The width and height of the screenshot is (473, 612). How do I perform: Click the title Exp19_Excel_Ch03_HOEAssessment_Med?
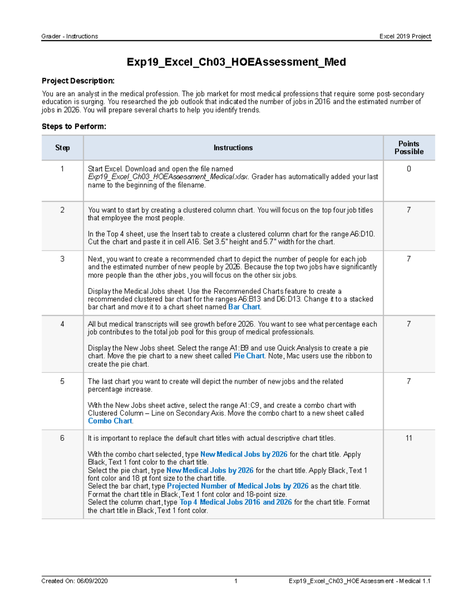236,62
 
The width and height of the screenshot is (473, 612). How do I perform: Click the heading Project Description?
78,81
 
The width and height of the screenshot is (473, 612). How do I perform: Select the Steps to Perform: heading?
74,126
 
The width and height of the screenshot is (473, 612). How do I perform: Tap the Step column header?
62,148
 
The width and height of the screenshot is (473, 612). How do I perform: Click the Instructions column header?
233,148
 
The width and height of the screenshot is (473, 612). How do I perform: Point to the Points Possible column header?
409,148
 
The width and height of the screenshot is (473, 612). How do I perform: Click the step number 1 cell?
62,169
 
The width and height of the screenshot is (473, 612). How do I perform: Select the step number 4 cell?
62,324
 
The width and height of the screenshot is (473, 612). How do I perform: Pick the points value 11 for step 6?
409,438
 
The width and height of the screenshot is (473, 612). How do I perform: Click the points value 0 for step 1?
409,169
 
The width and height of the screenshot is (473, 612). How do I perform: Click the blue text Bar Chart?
244,307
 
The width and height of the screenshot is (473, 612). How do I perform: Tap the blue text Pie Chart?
249,356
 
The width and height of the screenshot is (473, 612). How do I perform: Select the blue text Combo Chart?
110,421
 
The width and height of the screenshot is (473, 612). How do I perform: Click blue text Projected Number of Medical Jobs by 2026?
238,486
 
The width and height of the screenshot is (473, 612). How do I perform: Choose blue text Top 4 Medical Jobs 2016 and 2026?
236,502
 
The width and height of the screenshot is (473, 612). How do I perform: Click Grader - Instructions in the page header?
70,36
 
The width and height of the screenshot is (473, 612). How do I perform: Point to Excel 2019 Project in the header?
405,36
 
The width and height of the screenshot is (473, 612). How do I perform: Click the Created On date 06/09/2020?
92,581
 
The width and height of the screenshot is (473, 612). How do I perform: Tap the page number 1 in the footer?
236,581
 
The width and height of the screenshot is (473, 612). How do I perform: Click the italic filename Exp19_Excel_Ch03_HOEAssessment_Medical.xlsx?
168,177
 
